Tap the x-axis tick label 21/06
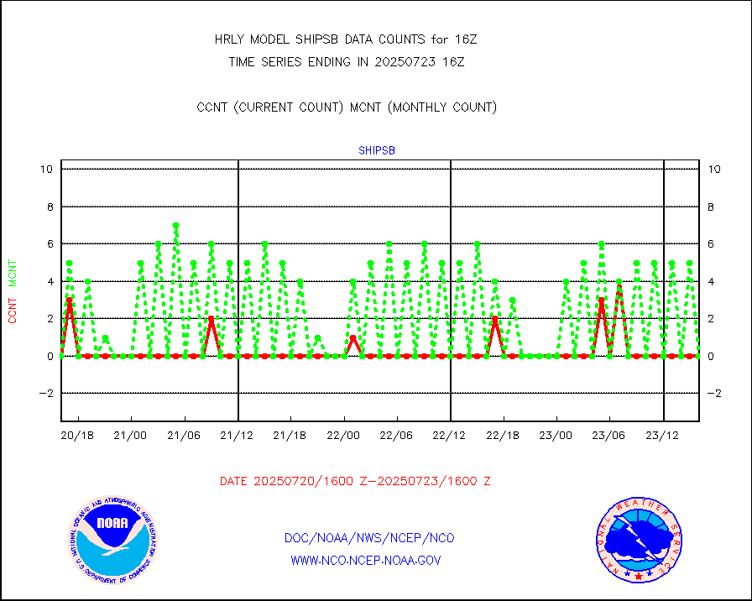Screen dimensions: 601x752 point(183,436)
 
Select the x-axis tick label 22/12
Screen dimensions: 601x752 point(449,436)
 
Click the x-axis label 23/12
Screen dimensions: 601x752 point(662,436)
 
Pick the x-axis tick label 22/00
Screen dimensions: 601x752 point(343,436)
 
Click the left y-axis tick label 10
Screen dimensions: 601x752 point(46,170)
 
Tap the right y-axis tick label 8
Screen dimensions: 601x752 point(713,206)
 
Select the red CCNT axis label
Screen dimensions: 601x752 point(13,308)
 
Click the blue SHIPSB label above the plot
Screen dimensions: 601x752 point(377,151)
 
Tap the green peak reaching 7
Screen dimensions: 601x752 point(175,226)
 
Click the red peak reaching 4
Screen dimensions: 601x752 point(619,283)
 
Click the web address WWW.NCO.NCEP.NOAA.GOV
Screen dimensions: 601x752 point(365,560)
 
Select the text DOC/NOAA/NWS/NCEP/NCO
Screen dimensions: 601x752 point(369,538)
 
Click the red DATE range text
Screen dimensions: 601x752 point(355,482)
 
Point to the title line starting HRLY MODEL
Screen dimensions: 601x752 point(347,39)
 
